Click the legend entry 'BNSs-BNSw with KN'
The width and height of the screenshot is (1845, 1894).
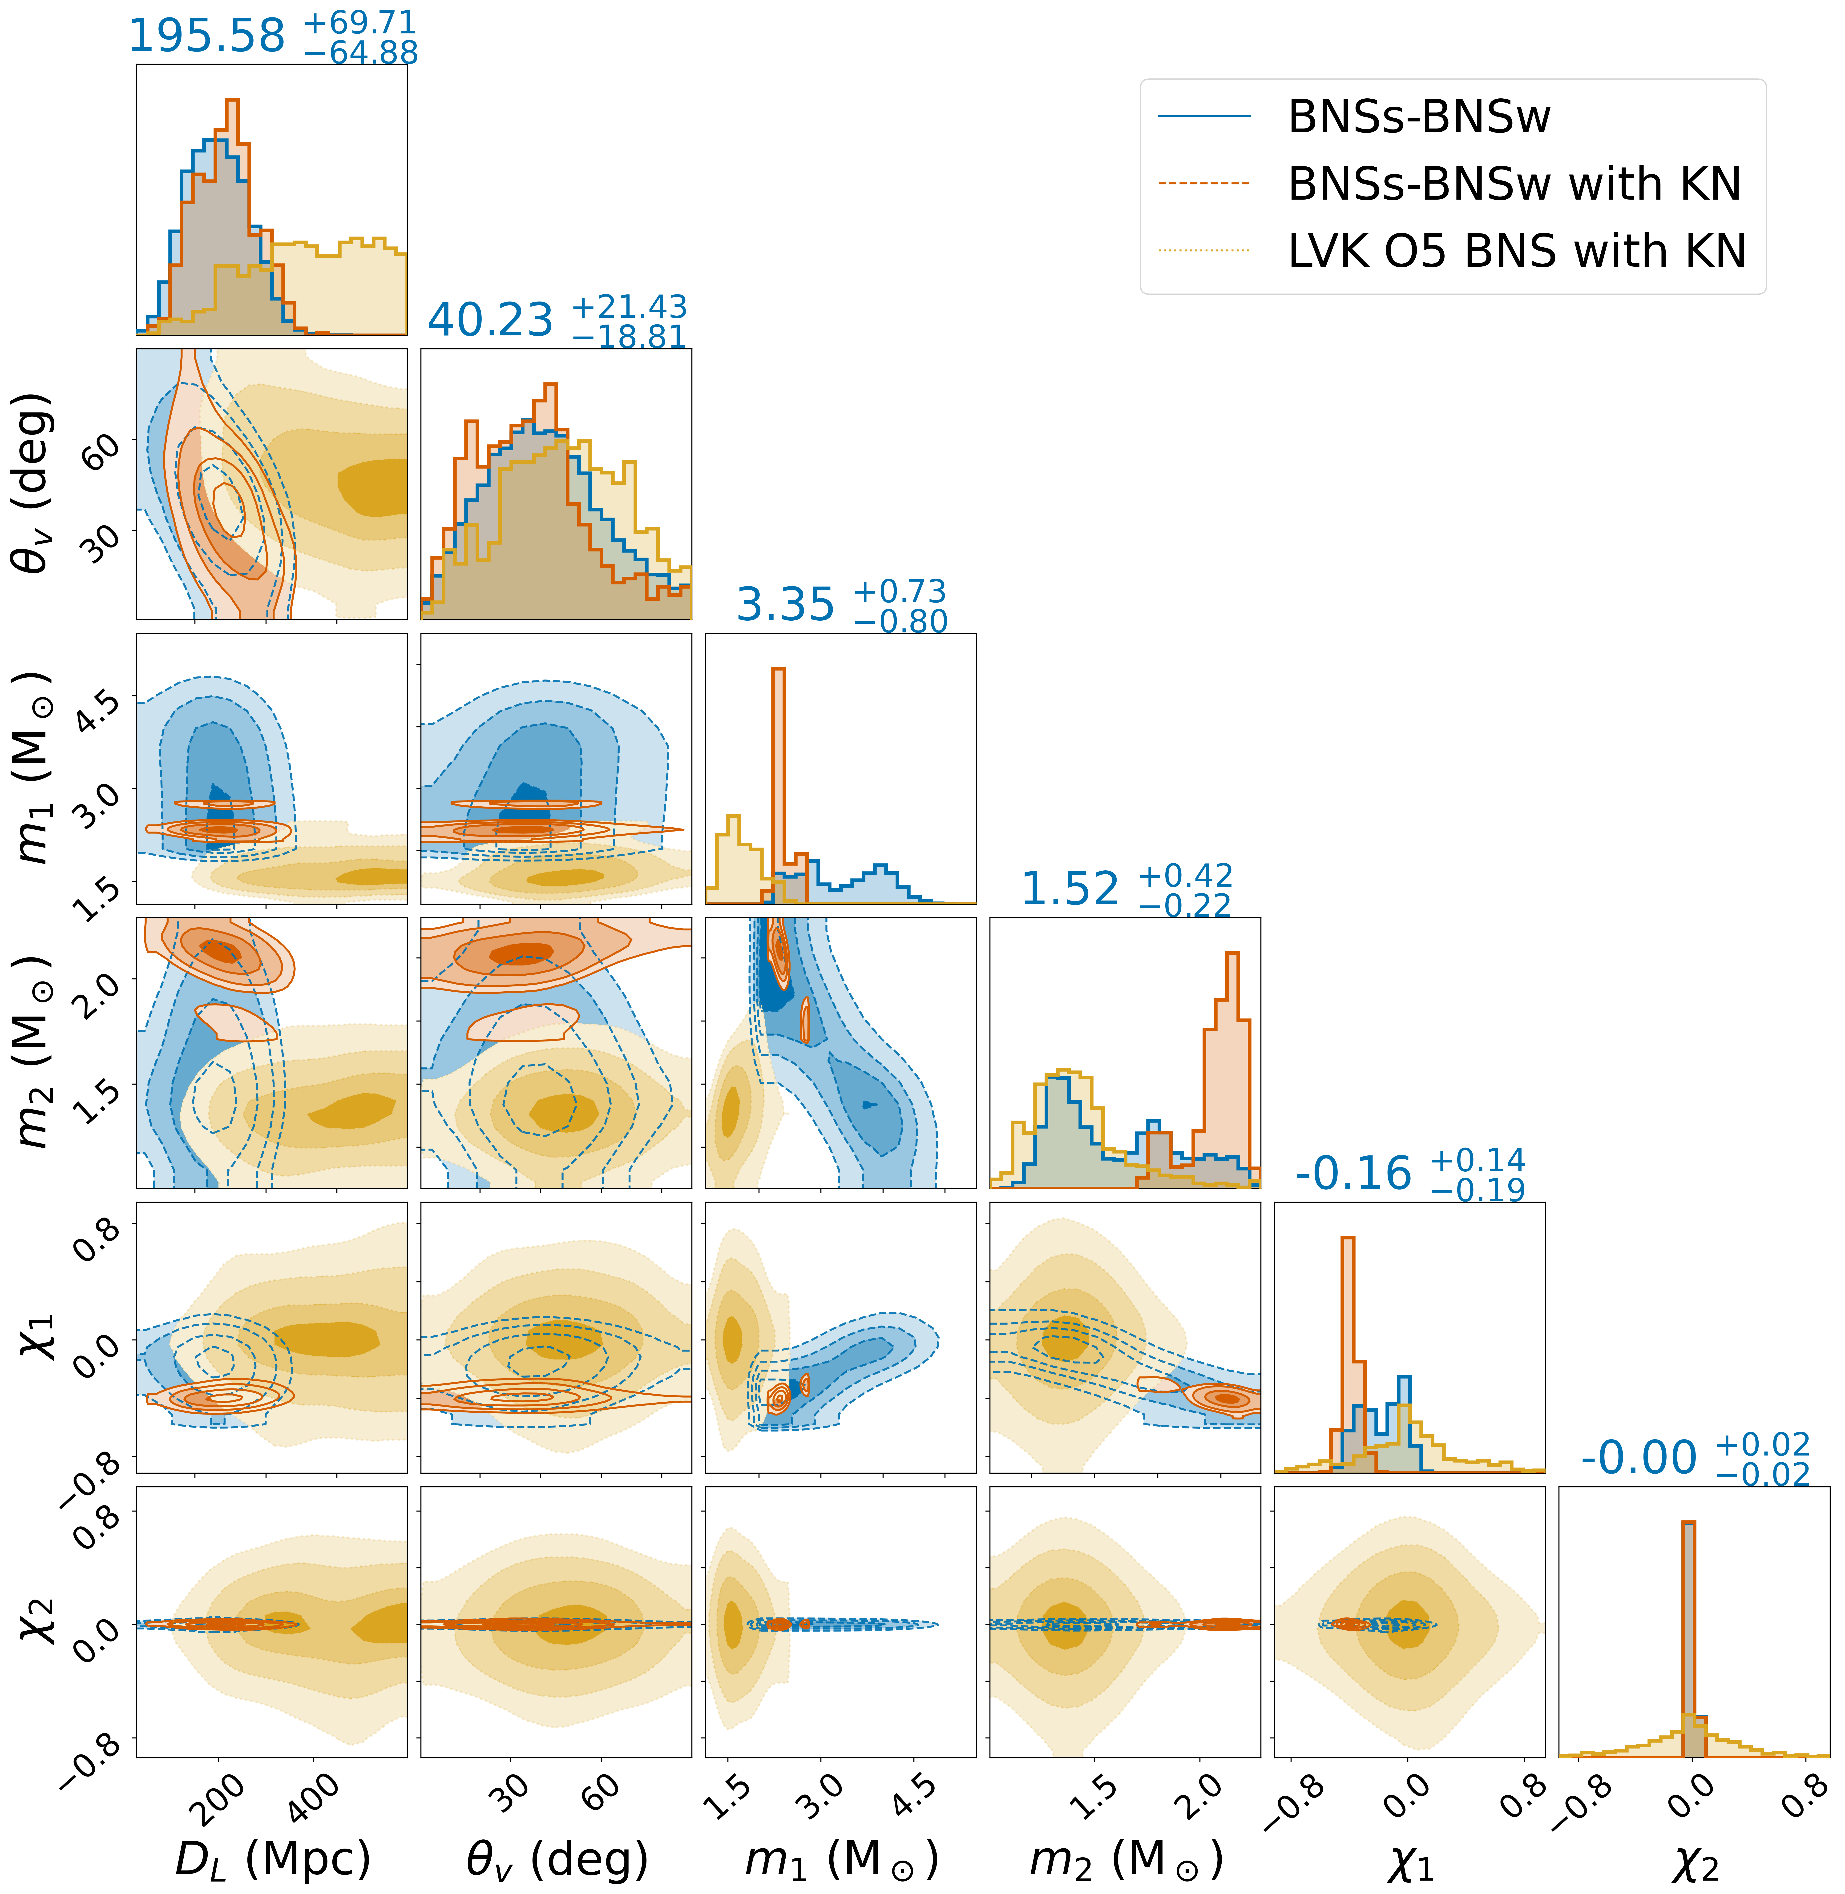[x=1514, y=184]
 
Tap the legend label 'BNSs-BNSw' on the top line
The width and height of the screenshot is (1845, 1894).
[x=1419, y=117]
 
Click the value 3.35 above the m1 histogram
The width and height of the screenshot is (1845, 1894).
[x=785, y=606]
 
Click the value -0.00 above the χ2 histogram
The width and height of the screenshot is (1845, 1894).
[x=1639, y=1458]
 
